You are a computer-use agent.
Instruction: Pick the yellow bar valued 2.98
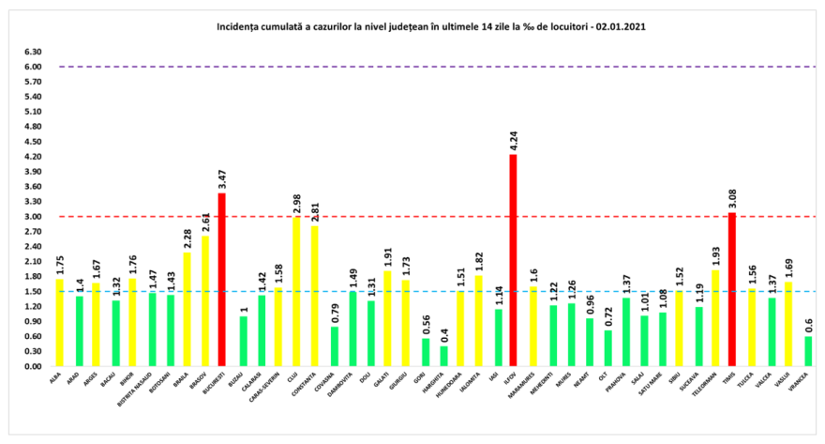pyautogui.click(x=295, y=291)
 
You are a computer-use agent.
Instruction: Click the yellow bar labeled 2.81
pyautogui.click(x=314, y=296)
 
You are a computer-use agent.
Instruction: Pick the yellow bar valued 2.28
pyautogui.click(x=187, y=309)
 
